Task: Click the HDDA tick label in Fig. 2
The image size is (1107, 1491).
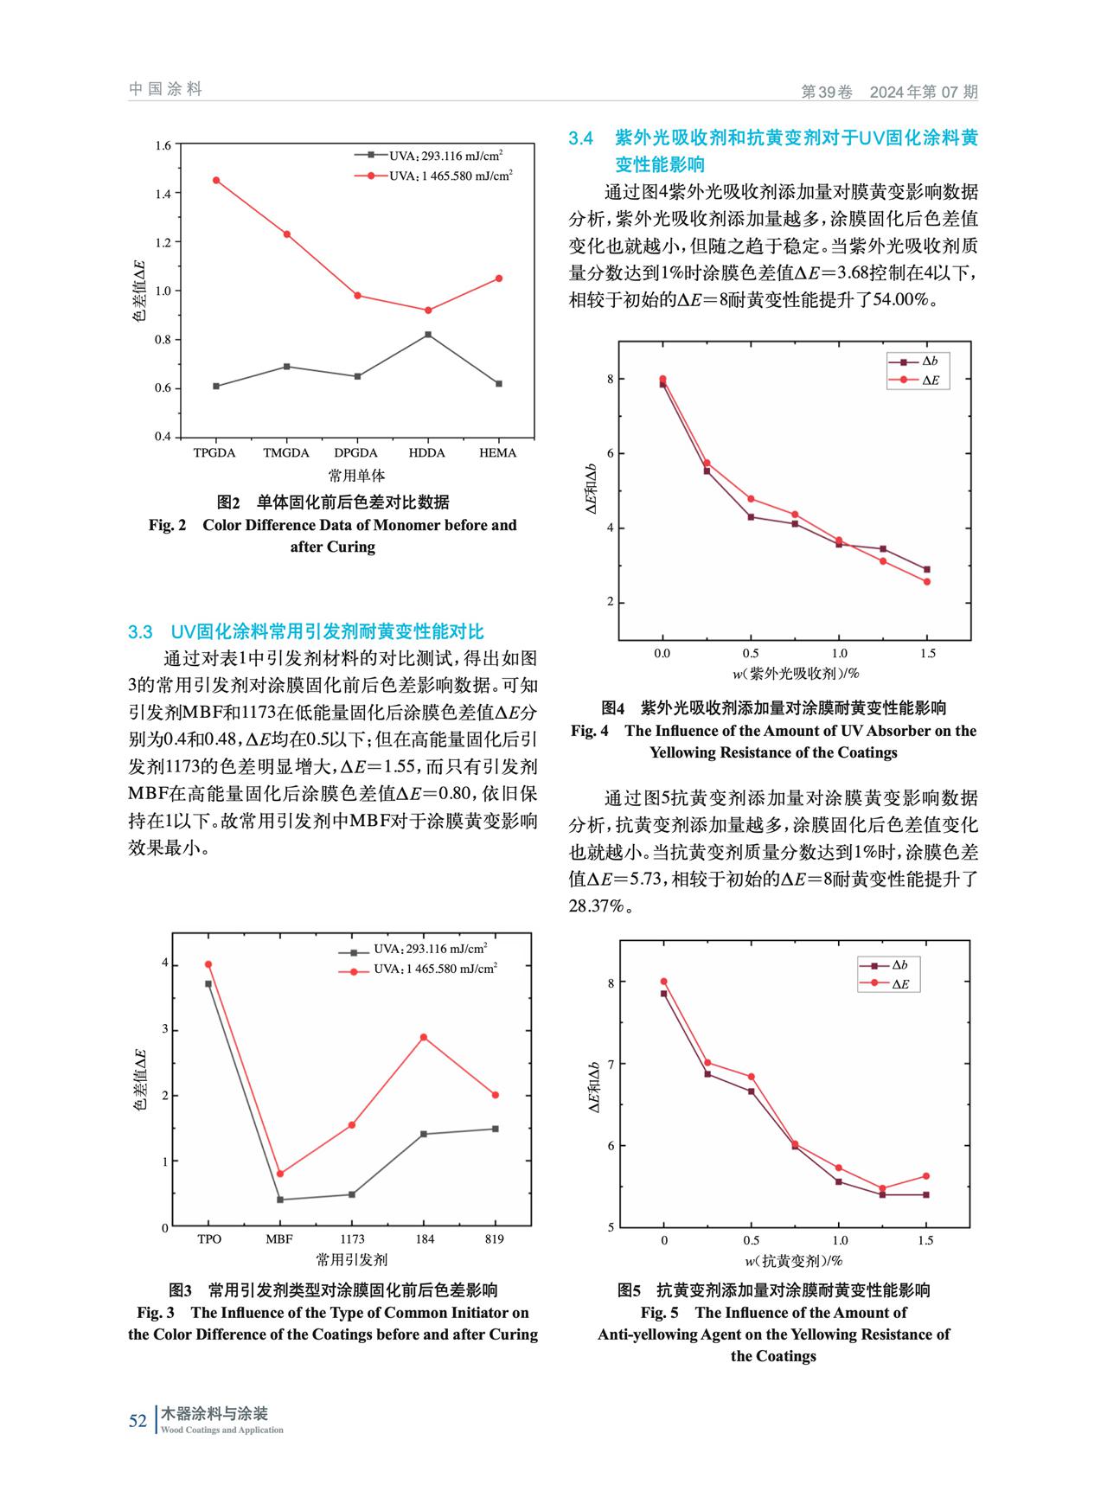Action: pos(426,453)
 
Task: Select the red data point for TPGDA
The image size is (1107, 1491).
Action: pos(216,181)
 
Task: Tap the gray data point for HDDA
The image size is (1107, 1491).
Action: pos(428,335)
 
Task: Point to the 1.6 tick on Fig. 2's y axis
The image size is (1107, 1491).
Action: pos(163,144)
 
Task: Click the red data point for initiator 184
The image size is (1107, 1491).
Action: pos(424,1037)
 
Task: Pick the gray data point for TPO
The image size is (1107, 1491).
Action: pos(208,984)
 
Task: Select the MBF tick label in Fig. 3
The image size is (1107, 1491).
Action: pos(279,1239)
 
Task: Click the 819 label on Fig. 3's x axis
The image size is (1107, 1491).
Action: pos(495,1239)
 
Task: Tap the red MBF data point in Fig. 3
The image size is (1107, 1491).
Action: pos(279,1174)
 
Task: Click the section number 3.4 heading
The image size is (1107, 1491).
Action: pos(581,138)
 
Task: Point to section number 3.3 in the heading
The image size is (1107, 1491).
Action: pos(140,632)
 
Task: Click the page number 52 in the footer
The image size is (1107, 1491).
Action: pos(138,1421)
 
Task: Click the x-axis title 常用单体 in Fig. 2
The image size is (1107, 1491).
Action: pos(356,476)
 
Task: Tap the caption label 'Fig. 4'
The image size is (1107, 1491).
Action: pos(590,731)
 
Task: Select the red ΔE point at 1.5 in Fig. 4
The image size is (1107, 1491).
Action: pos(927,581)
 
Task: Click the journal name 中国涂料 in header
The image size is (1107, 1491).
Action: pos(165,89)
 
